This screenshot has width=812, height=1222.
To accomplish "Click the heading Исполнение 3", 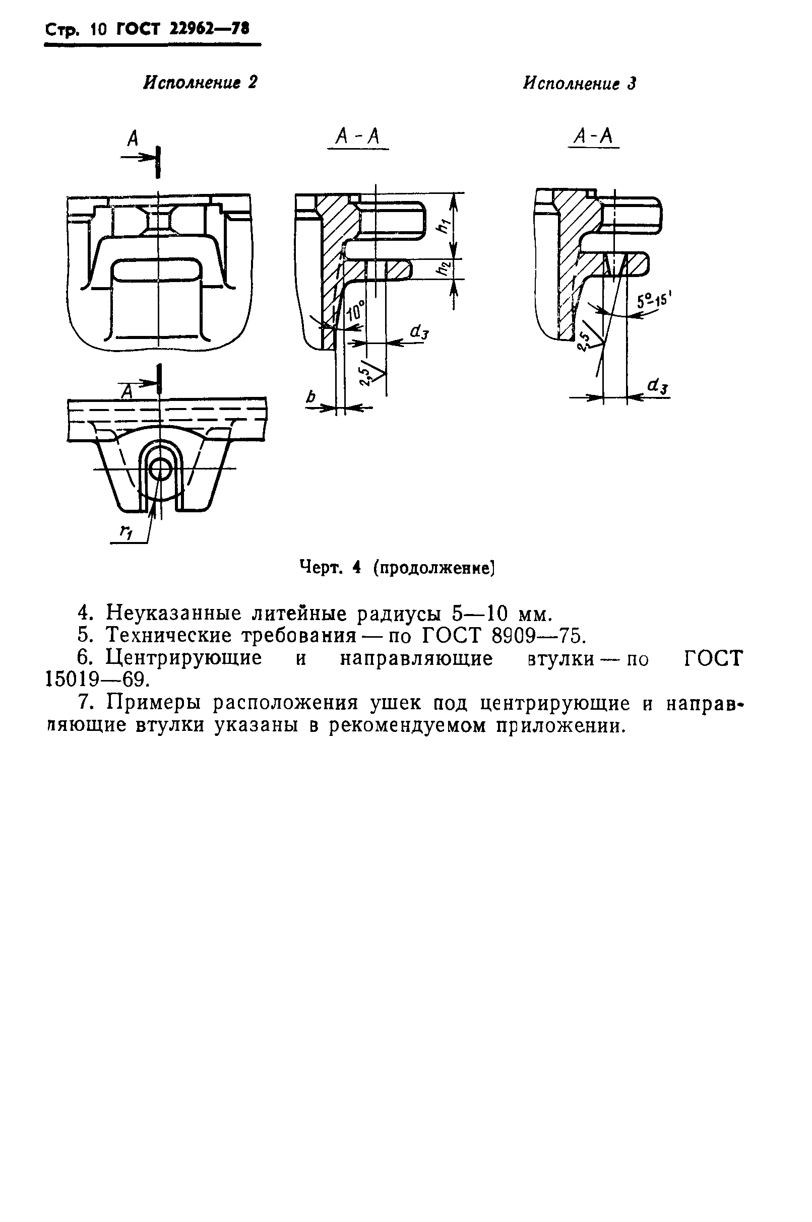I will point(579,84).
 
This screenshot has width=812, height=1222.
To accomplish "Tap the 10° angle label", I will point(355,313).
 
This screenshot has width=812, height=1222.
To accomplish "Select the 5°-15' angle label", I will point(654,300).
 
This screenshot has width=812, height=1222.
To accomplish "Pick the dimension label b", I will point(310,397).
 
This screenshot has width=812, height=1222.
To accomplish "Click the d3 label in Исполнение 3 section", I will point(658,386).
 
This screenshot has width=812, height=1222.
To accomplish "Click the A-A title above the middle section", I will point(358,137).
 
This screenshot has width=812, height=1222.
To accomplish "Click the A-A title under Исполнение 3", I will point(593,137).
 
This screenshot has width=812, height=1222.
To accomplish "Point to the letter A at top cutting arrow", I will point(133,139).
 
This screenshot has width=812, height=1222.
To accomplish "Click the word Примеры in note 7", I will point(155,703).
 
